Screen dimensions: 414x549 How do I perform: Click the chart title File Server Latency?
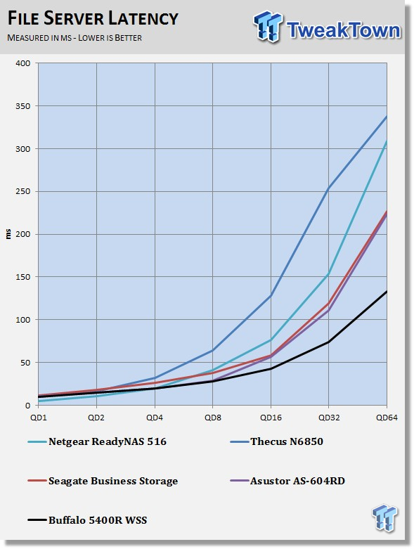93,18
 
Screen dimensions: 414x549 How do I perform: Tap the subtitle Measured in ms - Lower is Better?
75,38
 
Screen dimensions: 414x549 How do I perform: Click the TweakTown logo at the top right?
327,27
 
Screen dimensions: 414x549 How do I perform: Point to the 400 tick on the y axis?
23,63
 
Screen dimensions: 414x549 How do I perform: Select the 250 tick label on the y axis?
23,191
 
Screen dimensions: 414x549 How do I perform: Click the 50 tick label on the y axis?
25,363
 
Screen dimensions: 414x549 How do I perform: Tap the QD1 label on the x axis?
38,418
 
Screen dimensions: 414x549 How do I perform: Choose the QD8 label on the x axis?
213,418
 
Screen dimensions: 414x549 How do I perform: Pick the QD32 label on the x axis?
329,418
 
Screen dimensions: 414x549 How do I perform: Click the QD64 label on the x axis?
387,418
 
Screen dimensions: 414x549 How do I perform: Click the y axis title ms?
8,234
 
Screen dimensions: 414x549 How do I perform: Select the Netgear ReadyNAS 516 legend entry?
97,441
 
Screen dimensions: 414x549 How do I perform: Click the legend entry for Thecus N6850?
276,441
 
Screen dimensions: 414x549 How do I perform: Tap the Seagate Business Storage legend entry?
103,481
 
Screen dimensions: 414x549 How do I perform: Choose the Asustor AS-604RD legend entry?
287,481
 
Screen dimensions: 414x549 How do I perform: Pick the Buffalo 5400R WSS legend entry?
87,520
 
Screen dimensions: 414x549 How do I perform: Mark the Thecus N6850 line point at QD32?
329,188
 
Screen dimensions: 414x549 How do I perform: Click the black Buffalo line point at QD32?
329,342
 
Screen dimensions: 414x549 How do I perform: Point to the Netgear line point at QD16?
271,340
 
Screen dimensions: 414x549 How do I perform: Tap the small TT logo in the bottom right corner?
385,517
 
